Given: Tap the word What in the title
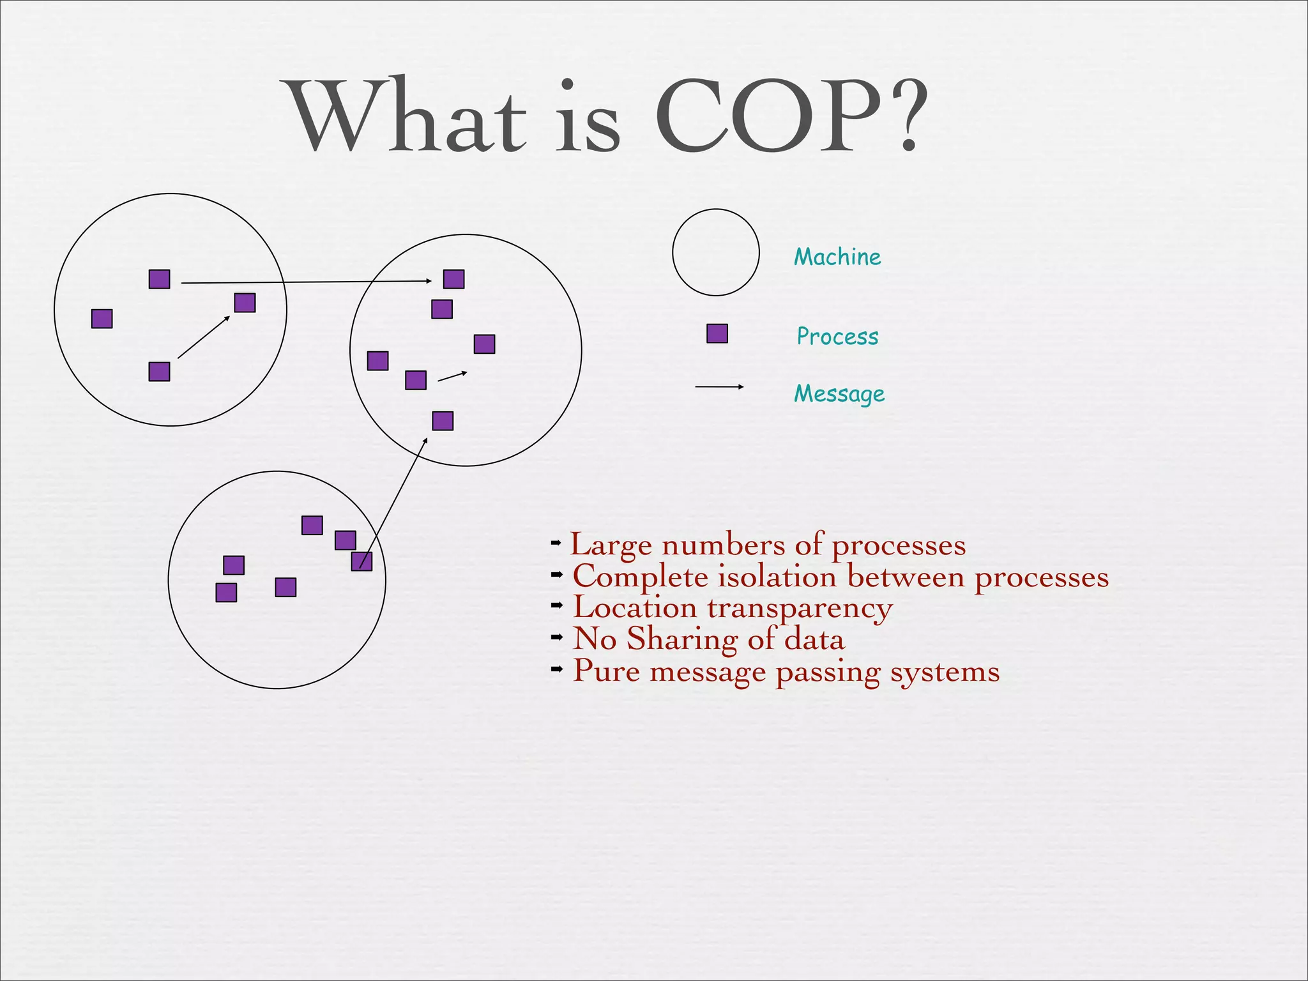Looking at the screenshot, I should [406, 118].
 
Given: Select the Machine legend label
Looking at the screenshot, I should [837, 257].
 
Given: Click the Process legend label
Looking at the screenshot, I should [837, 337].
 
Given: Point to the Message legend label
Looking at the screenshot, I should [839, 394].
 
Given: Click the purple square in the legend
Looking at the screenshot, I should [717, 333].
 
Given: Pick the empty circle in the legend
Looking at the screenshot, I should [716, 252].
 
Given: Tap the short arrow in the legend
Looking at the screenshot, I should [719, 386].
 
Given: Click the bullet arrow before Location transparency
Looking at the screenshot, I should [557, 604].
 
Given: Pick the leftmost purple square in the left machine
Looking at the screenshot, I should [102, 319].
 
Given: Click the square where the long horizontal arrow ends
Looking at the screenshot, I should [453, 279].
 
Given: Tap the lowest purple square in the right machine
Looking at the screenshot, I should [443, 421].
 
